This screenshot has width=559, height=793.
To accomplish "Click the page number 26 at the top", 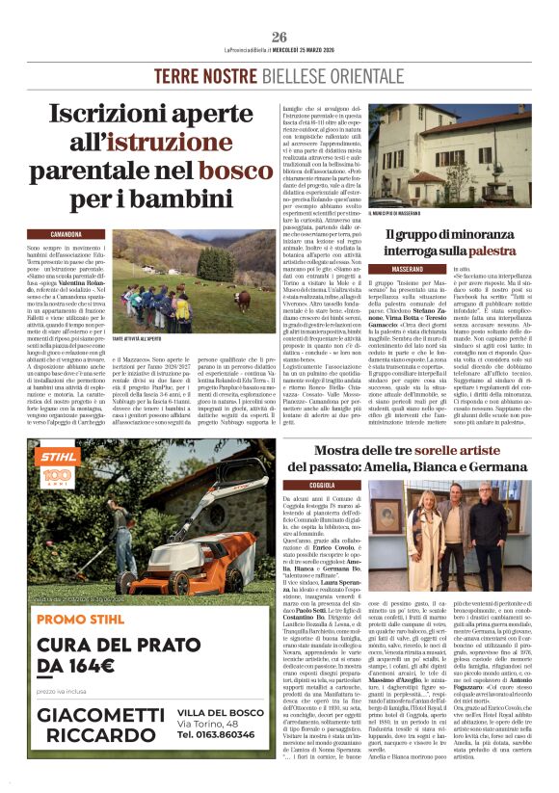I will [279, 37].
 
